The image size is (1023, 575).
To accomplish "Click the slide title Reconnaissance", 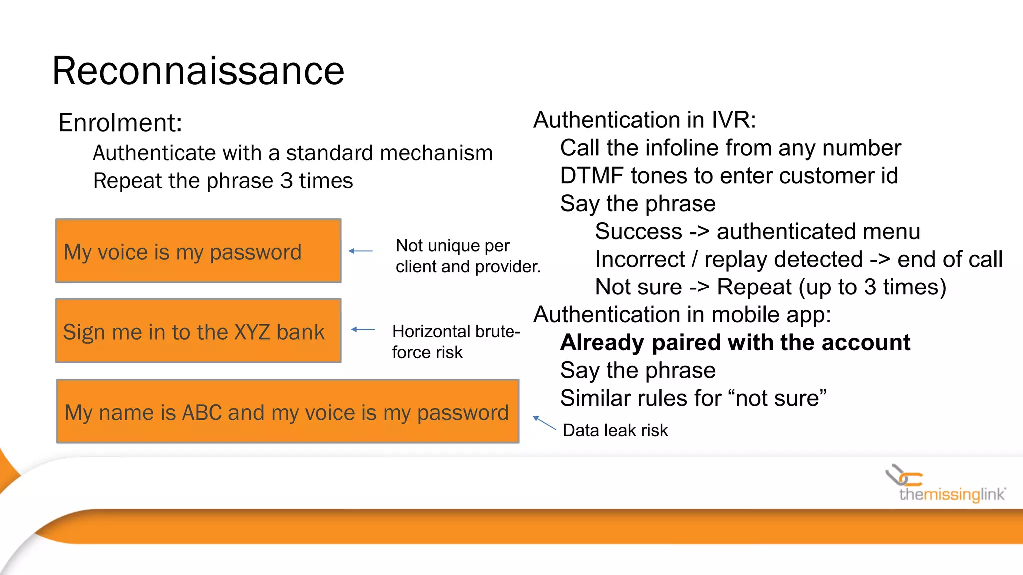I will click(198, 71).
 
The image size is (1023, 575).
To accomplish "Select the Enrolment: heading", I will click(120, 123).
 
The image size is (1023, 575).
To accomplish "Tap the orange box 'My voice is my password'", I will click(198, 251).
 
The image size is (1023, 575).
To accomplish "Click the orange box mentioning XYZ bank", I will click(198, 331).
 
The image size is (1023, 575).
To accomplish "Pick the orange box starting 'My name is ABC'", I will click(288, 411).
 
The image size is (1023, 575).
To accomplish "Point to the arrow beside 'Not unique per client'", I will click(360, 251).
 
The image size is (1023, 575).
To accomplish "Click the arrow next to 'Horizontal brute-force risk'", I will click(363, 329).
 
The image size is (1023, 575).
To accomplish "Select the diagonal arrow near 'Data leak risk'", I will click(544, 422).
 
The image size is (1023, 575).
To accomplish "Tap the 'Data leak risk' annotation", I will click(615, 430).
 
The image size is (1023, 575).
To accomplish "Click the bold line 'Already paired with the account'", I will click(735, 342).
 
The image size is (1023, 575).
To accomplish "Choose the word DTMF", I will click(592, 176).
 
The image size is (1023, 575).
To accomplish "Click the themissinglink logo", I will click(947, 484).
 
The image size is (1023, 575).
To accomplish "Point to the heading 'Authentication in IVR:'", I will click(644, 120).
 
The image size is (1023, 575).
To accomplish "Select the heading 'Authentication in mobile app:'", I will click(682, 315).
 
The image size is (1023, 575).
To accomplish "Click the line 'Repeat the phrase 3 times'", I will click(223, 181).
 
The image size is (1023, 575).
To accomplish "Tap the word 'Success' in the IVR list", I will click(638, 232).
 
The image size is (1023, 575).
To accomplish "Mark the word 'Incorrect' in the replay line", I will click(640, 260).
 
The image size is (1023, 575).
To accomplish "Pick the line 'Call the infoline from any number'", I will click(730, 148).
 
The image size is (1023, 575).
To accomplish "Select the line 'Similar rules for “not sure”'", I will click(693, 398).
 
